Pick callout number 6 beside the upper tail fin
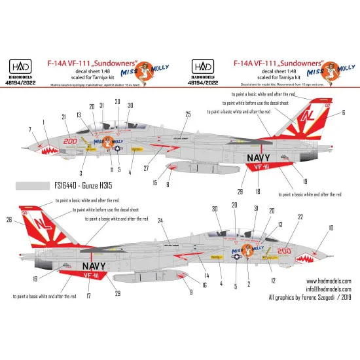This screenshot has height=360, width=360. (343, 113)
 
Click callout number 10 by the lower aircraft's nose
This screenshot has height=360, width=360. (331, 227)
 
